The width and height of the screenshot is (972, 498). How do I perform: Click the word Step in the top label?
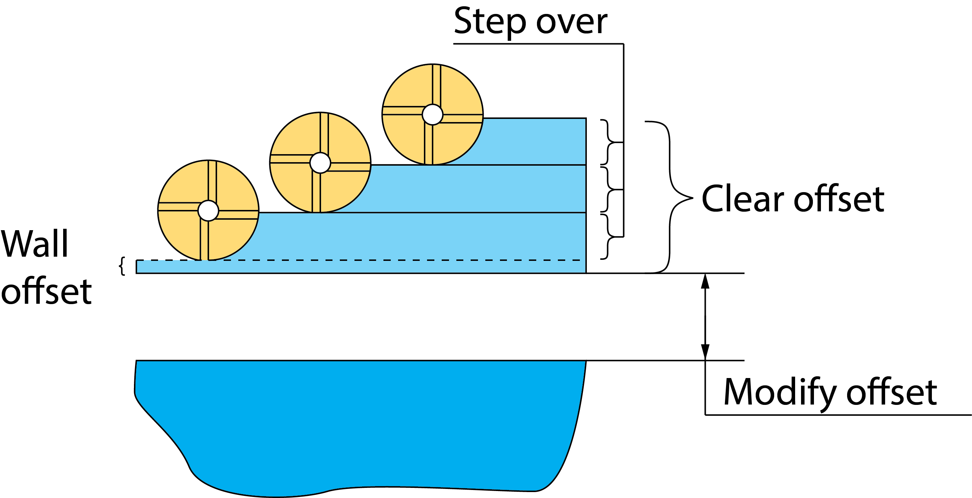click(489, 22)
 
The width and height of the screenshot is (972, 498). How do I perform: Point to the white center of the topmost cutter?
click(432, 114)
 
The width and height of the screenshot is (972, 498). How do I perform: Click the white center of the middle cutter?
click(320, 163)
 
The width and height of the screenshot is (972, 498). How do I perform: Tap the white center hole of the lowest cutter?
click(208, 211)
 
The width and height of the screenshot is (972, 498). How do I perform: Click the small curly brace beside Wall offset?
click(121, 266)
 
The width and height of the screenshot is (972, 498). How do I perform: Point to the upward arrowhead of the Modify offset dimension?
click(705, 281)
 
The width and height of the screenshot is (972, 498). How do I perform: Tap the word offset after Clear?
click(839, 199)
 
